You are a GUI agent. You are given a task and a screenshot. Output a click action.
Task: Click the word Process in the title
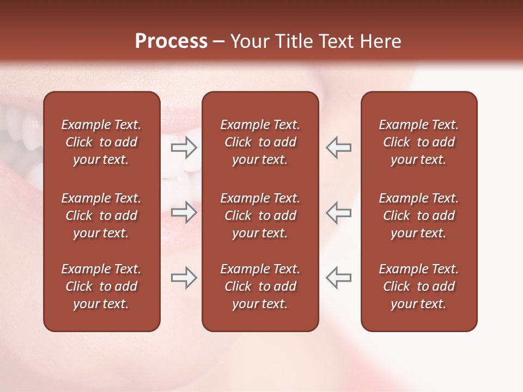171,41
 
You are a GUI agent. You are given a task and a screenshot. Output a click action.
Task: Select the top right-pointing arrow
184,148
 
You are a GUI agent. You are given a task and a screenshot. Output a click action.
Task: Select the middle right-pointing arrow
184,212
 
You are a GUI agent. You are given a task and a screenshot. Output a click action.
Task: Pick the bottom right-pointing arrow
184,278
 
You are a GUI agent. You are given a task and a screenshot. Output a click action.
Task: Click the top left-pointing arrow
338,148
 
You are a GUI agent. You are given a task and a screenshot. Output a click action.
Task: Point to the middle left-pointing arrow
338,212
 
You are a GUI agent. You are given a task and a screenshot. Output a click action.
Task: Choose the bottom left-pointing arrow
338,278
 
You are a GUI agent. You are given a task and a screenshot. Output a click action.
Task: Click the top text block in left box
101,142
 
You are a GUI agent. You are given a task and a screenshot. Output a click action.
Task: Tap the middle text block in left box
101,216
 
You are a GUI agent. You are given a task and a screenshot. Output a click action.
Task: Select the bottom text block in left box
101,286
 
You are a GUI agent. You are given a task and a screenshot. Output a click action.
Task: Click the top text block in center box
260,142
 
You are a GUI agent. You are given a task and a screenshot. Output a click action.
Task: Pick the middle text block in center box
260,216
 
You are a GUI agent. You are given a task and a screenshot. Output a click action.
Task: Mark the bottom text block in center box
260,286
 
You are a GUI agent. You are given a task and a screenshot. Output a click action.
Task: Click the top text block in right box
419,142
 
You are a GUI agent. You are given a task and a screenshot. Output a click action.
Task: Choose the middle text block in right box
419,216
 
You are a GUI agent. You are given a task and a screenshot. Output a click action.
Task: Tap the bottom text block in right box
419,286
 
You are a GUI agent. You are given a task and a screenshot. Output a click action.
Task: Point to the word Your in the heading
248,41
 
